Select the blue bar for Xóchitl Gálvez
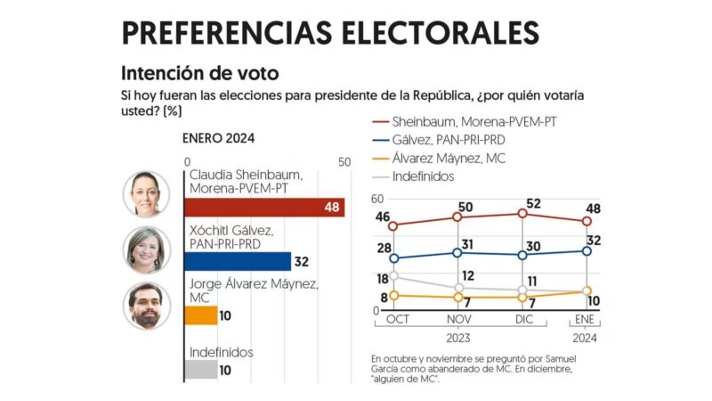tap(237, 261)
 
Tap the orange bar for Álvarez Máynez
tap(200, 315)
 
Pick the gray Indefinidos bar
tap(200, 369)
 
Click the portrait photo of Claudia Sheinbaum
tap(145, 193)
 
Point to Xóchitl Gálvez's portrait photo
tap(145, 250)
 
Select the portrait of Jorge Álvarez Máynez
tap(145, 306)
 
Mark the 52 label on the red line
tap(533, 202)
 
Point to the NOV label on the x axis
tap(457, 318)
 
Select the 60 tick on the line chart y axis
tap(376, 199)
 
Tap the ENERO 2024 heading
tap(219, 138)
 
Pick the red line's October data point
tap(393, 225)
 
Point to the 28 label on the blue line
tap(384, 248)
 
